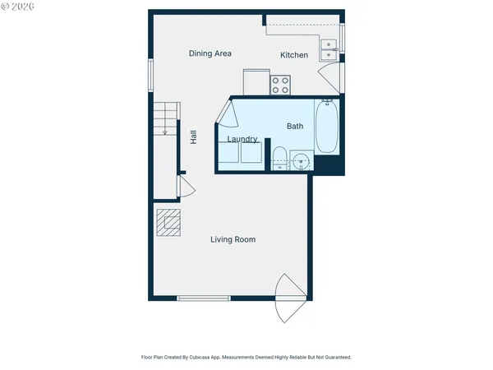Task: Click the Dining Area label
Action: pyautogui.click(x=210, y=53)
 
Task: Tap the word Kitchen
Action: pyautogui.click(x=294, y=55)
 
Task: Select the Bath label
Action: pyautogui.click(x=295, y=127)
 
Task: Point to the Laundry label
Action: pyautogui.click(x=242, y=140)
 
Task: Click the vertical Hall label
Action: pyautogui.click(x=193, y=138)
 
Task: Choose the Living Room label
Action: pyautogui.click(x=233, y=239)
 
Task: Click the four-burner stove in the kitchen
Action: pyautogui.click(x=281, y=83)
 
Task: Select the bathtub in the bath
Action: pyautogui.click(x=328, y=127)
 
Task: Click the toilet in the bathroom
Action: pyautogui.click(x=279, y=157)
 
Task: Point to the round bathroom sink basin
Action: pyautogui.click(x=301, y=160)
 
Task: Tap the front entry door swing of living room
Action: pyautogui.click(x=289, y=298)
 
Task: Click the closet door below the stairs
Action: pyautogui.click(x=187, y=188)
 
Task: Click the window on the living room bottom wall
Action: pyautogui.click(x=204, y=298)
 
